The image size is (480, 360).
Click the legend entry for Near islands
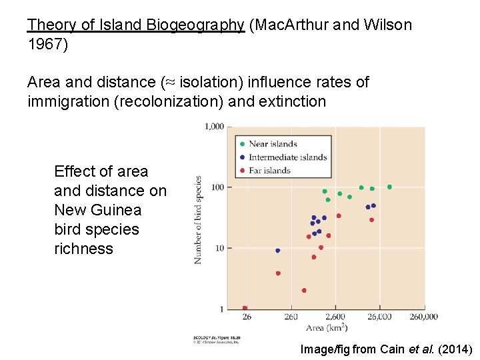pos(272,144)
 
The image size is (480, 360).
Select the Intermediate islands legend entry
pos(287,157)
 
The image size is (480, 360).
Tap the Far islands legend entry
pos(269,171)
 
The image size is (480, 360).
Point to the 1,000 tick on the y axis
pos(214,127)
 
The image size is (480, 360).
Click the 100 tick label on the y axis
pos(217,187)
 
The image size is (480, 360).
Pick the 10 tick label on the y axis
pos(219,248)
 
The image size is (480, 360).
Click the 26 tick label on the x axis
pos(246,317)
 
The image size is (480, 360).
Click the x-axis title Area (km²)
pos(326,328)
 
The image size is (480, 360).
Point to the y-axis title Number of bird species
pos(198,219)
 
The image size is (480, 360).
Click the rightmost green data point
pos(390,187)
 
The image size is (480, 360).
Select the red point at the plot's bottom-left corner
pos(245,308)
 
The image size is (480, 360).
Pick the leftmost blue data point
pos(278,251)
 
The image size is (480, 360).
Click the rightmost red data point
pos(372,220)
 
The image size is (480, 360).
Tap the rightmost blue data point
pos(373,206)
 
